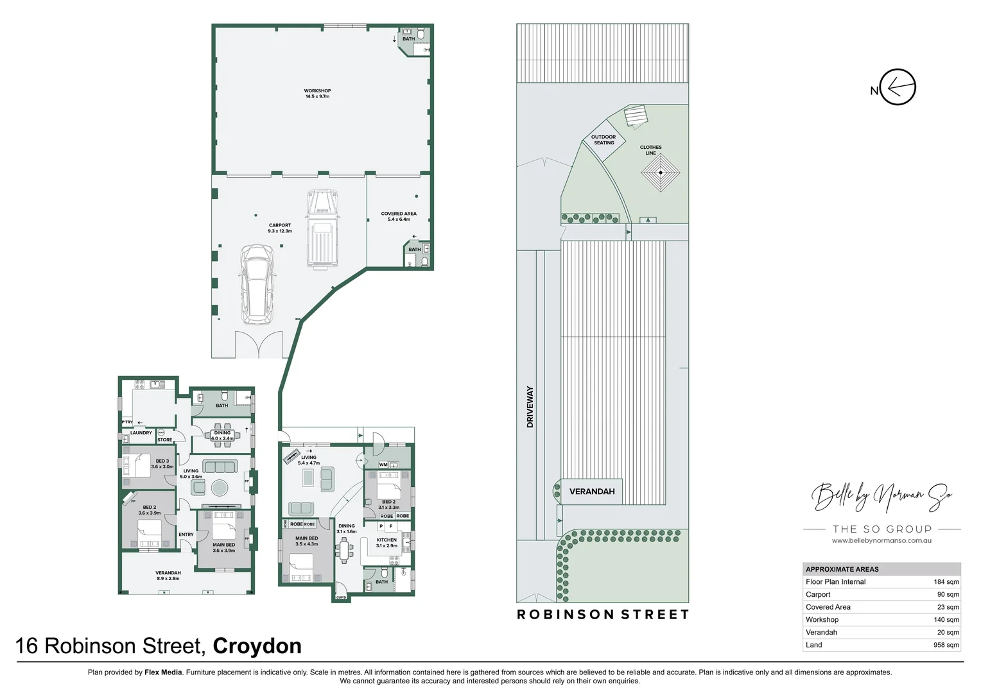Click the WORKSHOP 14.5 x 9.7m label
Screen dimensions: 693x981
click(317, 94)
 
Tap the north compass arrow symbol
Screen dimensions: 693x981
click(898, 87)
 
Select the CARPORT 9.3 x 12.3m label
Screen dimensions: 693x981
click(280, 228)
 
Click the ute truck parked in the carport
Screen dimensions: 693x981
click(322, 229)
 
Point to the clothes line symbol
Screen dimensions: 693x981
click(661, 172)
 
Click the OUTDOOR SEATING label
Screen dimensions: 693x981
click(603, 140)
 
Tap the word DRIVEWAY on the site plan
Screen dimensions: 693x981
click(530, 406)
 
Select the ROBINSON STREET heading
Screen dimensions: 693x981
click(603, 615)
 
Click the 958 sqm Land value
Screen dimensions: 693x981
click(946, 645)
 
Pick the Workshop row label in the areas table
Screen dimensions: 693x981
click(822, 620)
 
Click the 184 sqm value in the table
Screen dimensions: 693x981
click(946, 582)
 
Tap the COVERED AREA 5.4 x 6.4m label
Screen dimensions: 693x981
click(399, 216)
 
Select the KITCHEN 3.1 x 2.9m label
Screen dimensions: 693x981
click(386, 542)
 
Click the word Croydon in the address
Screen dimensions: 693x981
click(257, 646)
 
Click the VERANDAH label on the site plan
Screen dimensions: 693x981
click(592, 492)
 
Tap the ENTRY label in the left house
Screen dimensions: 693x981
click(186, 535)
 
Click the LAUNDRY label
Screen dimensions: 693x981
click(141, 433)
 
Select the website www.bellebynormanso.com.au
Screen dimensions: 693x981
click(881, 541)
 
